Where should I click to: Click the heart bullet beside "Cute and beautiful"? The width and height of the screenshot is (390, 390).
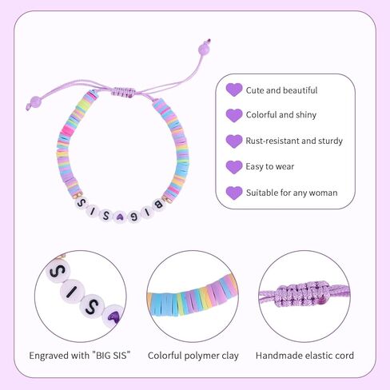(x=234, y=90)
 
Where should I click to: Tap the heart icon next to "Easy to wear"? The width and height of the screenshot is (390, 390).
(x=234, y=167)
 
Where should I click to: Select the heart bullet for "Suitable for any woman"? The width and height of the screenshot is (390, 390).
(x=234, y=193)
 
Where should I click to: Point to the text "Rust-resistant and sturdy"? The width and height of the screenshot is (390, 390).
(x=294, y=141)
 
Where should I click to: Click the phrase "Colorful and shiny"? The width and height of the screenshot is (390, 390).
(x=281, y=115)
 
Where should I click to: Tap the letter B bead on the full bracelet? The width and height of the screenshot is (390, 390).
(x=158, y=205)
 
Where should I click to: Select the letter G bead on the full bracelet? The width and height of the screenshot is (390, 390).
(x=133, y=216)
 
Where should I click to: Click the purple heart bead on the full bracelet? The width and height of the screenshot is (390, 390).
(x=119, y=217)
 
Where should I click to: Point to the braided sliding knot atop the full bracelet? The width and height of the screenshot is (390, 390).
(x=122, y=93)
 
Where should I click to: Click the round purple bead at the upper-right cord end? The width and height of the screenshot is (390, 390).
(x=204, y=50)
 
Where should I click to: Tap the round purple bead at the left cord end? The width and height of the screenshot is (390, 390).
(x=36, y=101)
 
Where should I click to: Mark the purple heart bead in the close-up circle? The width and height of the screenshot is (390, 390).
(x=114, y=316)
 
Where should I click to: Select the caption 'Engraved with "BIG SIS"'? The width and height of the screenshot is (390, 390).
(x=80, y=356)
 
